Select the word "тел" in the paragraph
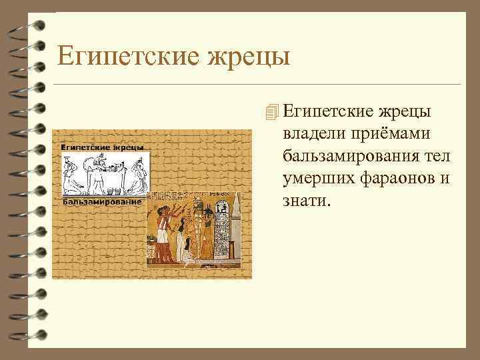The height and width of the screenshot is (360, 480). [437, 157]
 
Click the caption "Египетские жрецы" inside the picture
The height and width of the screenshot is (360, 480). [103, 147]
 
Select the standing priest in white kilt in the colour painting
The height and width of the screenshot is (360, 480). [164, 230]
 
